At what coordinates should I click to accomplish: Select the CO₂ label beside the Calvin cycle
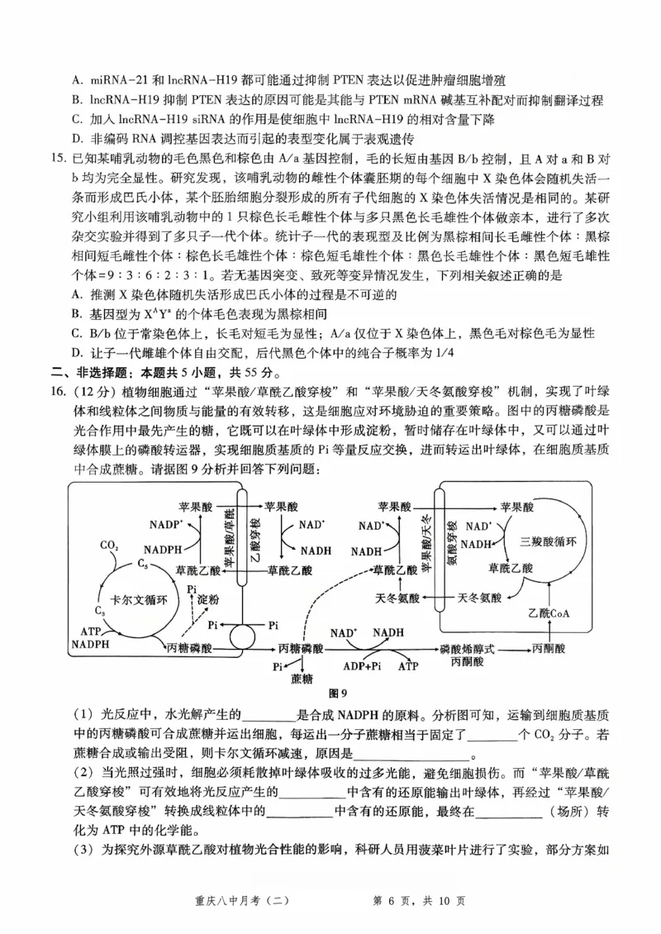108,546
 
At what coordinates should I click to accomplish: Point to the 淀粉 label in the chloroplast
210,598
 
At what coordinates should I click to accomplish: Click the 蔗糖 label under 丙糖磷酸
302,679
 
